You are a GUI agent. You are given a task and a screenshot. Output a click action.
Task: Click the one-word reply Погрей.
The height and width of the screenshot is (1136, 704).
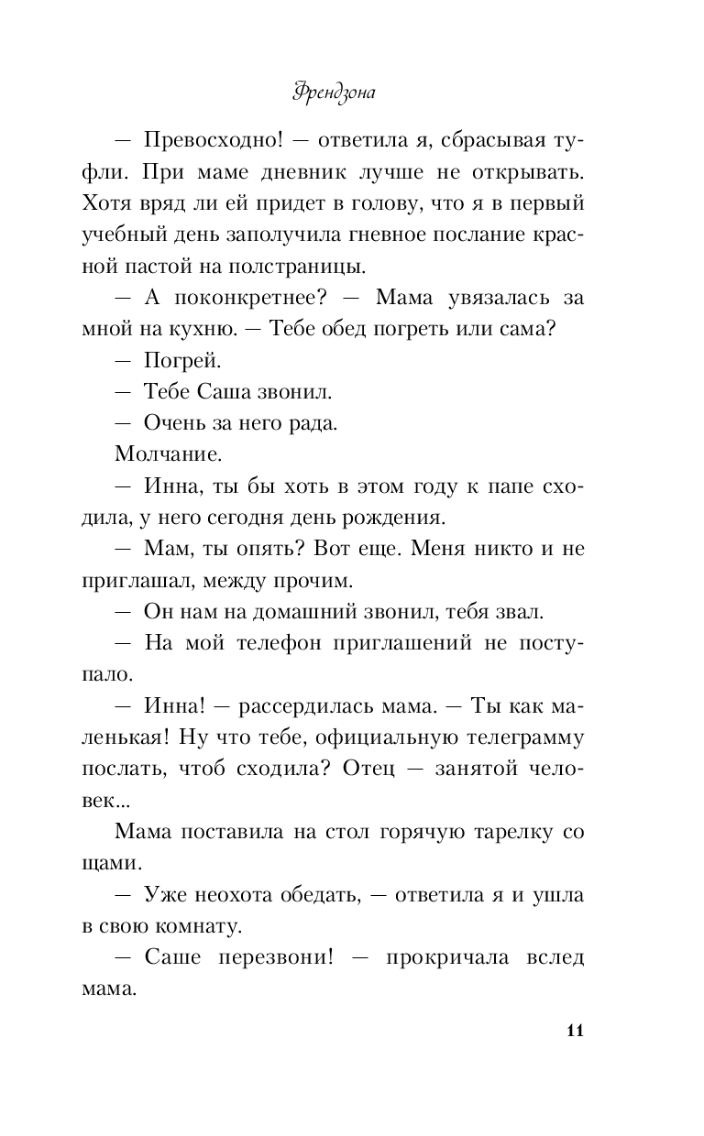(183, 360)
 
